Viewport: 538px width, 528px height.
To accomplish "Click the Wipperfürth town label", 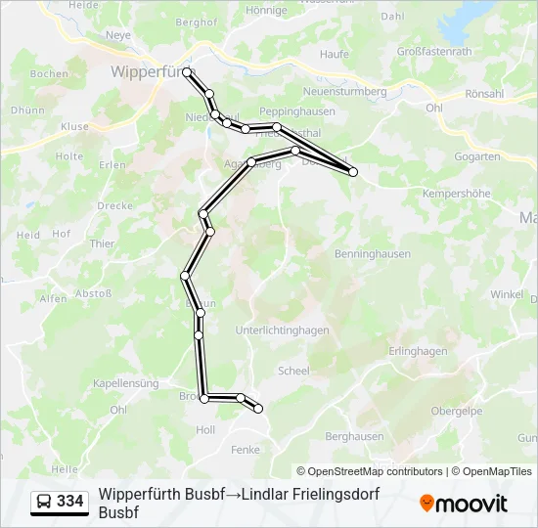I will click(x=154, y=71).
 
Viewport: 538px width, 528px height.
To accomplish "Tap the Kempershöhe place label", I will click(x=456, y=194).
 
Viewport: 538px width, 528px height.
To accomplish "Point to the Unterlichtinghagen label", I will click(x=282, y=330).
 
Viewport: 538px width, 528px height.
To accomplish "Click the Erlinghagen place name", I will click(x=418, y=351).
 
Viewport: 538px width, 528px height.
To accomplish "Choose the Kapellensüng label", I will click(x=125, y=384).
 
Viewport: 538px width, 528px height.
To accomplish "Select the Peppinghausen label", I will click(x=297, y=111).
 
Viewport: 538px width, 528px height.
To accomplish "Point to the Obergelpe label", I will click(x=457, y=412).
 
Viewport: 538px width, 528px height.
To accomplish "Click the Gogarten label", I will click(x=478, y=156).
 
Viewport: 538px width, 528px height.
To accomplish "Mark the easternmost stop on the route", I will click(x=353, y=172).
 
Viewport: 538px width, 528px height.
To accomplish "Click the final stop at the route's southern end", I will click(x=259, y=409).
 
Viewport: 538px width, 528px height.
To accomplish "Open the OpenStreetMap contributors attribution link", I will click(x=370, y=471).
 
